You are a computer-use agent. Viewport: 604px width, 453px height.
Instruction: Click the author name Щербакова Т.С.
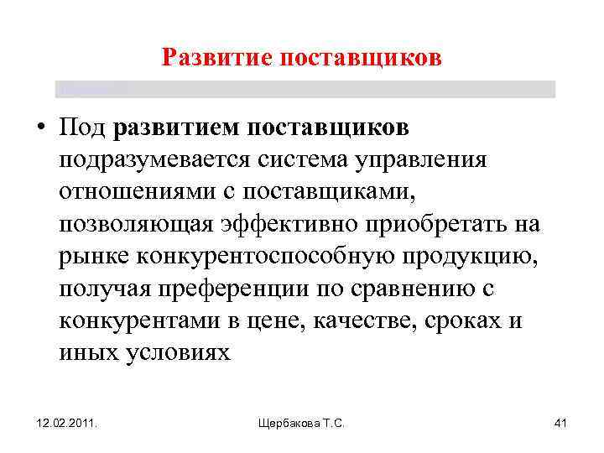click(x=302, y=425)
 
